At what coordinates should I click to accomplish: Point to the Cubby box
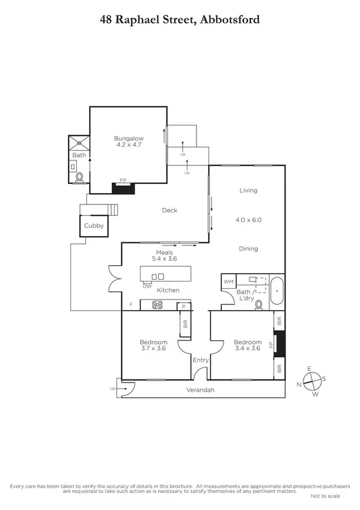click(94, 226)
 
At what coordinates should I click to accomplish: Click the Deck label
click(169, 210)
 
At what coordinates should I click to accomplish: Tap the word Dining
click(248, 248)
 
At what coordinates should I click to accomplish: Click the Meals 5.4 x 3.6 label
click(165, 256)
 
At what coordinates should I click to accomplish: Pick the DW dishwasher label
click(147, 286)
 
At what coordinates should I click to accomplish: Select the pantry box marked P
click(182, 307)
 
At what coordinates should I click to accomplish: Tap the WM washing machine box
click(228, 281)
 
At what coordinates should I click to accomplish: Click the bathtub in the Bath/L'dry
click(276, 290)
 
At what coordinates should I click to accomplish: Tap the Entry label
click(200, 360)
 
